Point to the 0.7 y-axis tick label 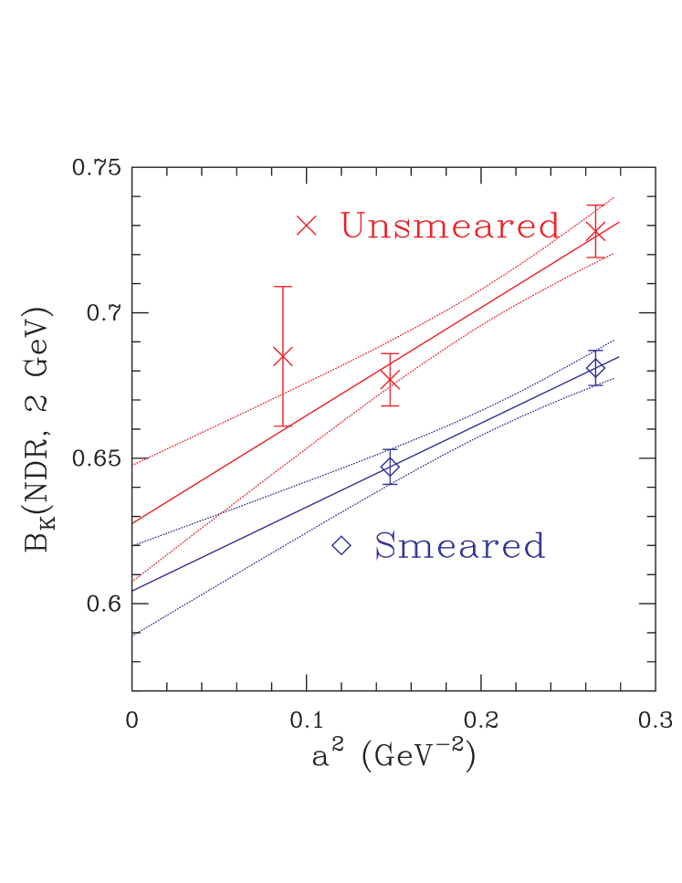tap(102, 313)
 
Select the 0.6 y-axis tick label tap(102, 604)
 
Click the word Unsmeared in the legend tap(449, 226)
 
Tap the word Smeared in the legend tap(459, 546)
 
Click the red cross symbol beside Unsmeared tap(307, 226)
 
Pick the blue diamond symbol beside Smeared tap(341, 546)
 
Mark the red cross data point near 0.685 tap(283, 356)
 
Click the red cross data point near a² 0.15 tap(391, 380)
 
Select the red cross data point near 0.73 tap(596, 231)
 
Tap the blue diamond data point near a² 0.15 tap(390, 468)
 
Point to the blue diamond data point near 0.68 tap(596, 368)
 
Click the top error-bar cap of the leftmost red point tap(283, 287)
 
